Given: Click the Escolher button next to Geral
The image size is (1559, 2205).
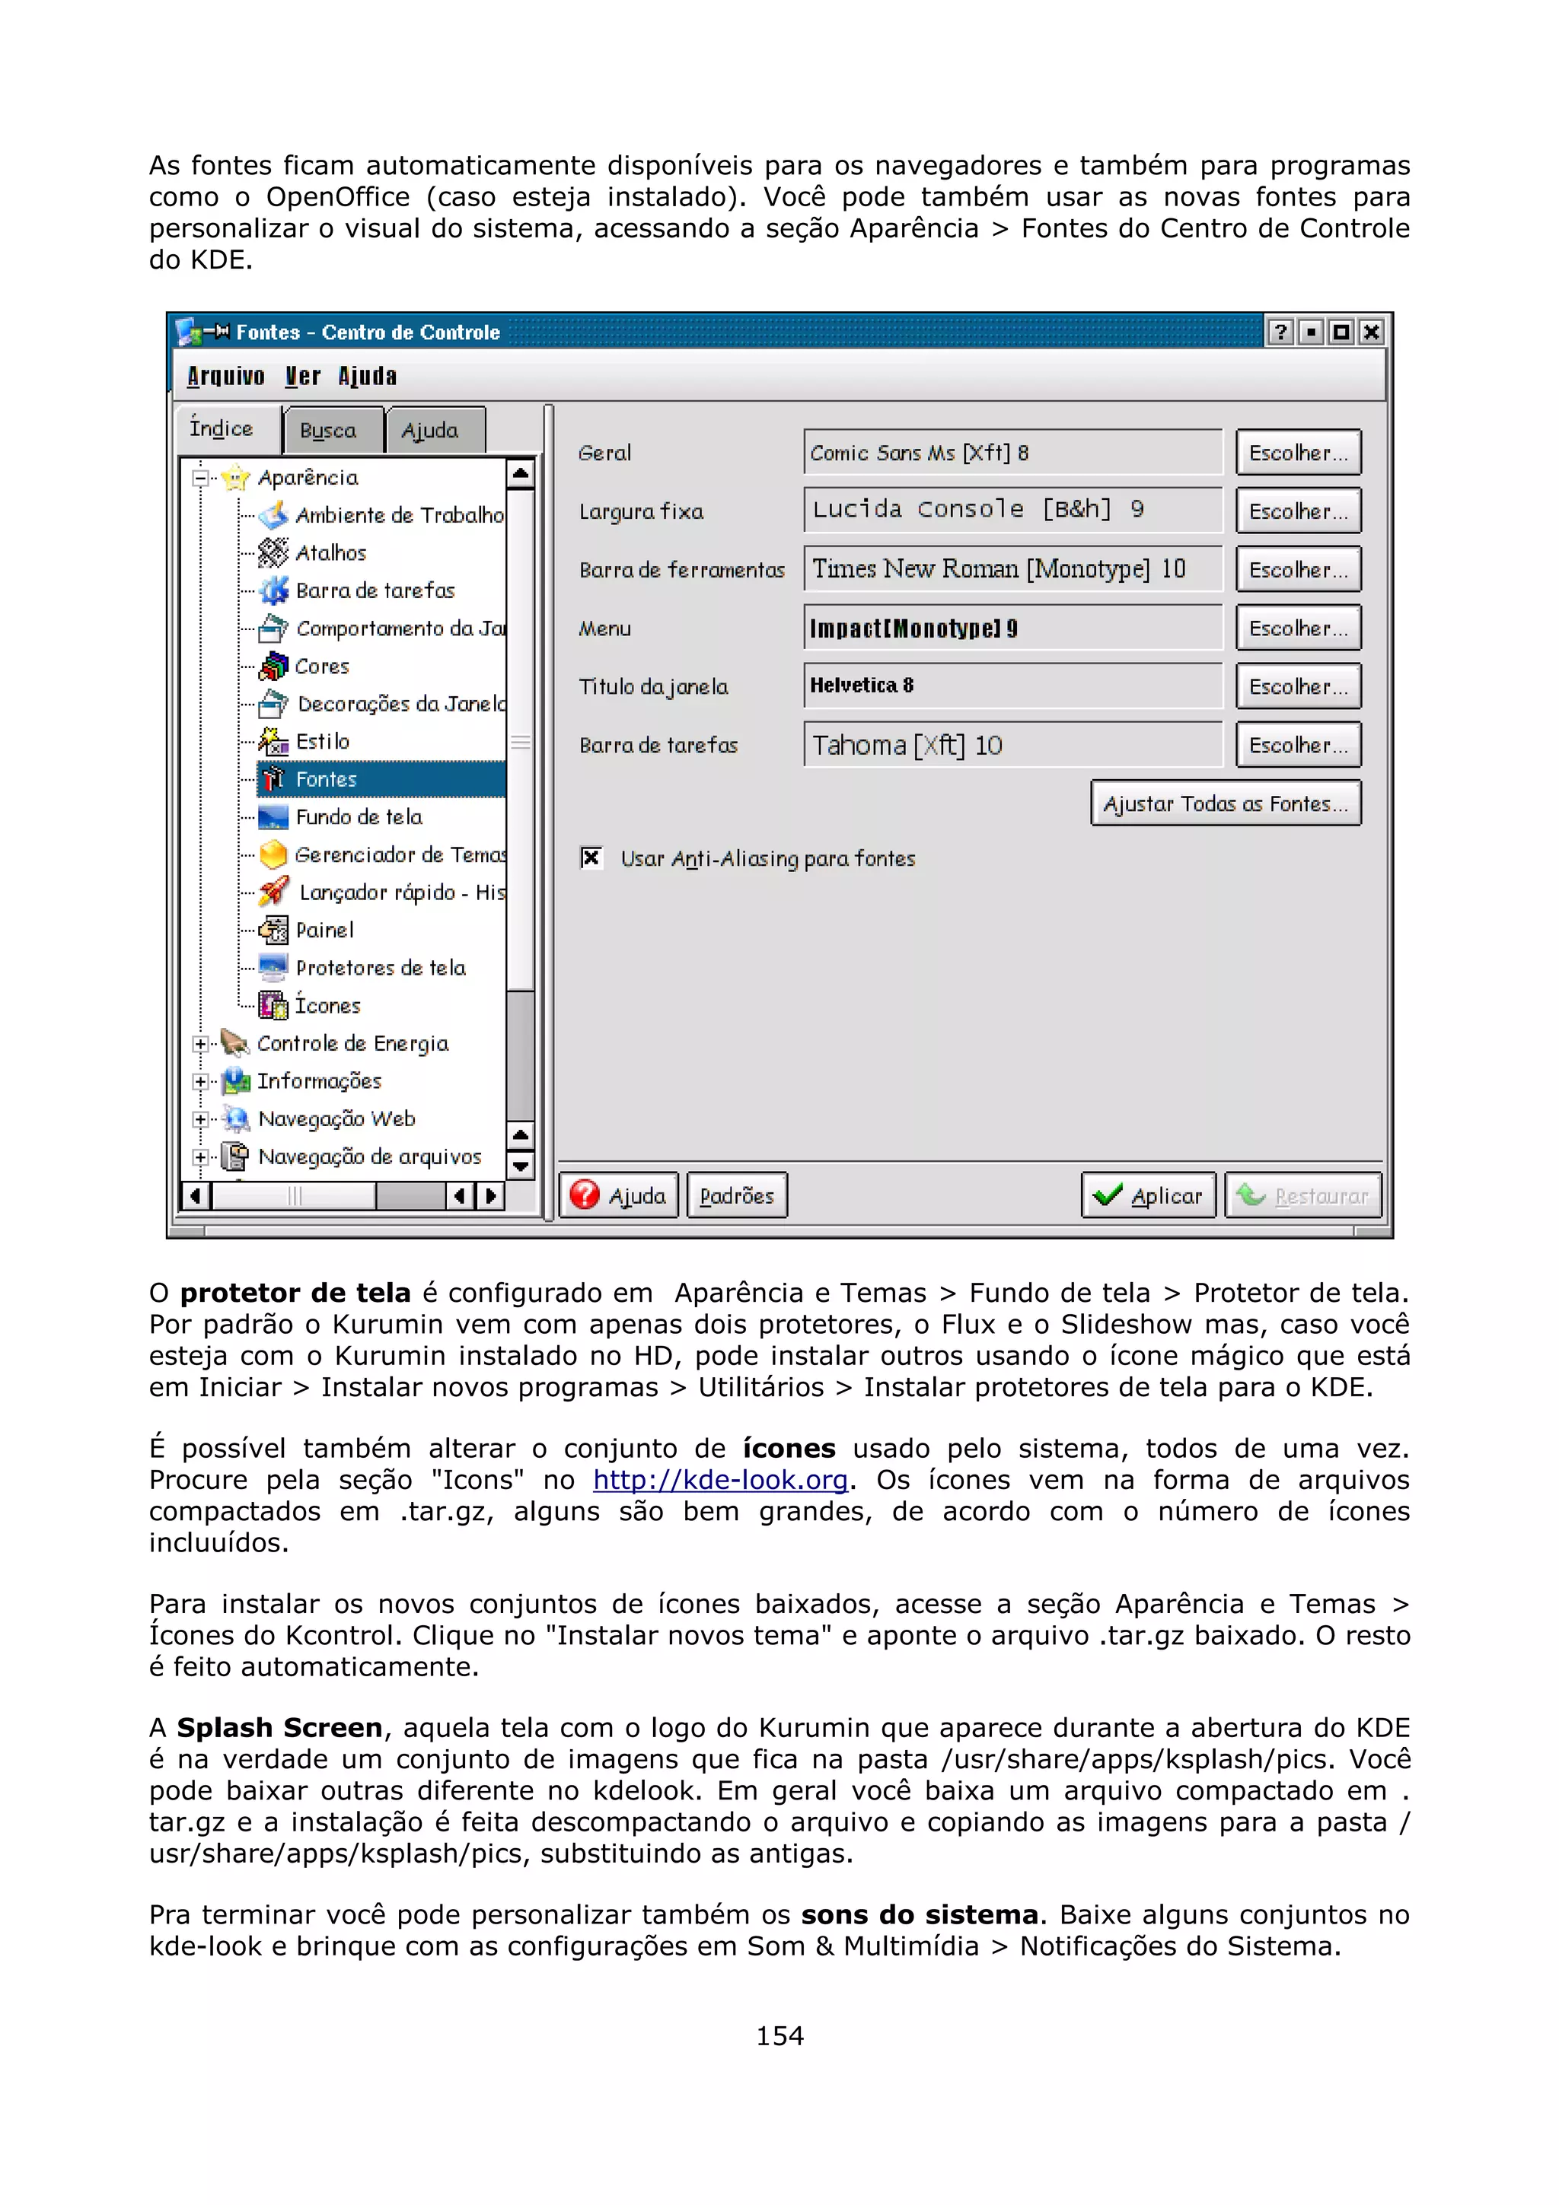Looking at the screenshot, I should pyautogui.click(x=1298, y=452).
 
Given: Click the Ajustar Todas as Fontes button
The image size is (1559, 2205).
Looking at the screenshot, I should pyautogui.click(x=1225, y=803).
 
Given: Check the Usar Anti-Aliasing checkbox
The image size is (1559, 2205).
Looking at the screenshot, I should pyautogui.click(x=591, y=857).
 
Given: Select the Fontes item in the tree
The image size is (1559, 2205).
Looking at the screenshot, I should pyautogui.click(x=327, y=779).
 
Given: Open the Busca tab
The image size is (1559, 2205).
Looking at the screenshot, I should pyautogui.click(x=329, y=430).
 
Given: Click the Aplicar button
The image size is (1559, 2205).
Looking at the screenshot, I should pyautogui.click(x=1148, y=1195).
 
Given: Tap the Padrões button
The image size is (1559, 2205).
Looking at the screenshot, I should pyautogui.click(x=737, y=1195).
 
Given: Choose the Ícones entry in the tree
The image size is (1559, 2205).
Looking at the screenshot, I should pyautogui.click(x=327, y=1006).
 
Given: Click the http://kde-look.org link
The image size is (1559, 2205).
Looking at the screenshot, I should pyautogui.click(x=719, y=1480).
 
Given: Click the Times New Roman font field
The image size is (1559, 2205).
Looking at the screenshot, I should pyautogui.click(x=1012, y=568).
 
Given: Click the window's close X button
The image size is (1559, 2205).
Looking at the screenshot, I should pyautogui.click(x=1372, y=332).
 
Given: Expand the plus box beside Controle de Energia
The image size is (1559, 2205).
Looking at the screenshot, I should pyautogui.click(x=199, y=1044).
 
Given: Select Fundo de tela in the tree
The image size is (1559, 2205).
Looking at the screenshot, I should pyautogui.click(x=359, y=817).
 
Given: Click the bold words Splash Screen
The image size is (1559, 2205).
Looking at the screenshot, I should pyautogui.click(x=279, y=1728).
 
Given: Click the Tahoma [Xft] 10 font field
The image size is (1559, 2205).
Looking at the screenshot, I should pyautogui.click(x=1012, y=745).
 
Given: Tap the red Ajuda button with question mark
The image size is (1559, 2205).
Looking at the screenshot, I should pyautogui.click(x=619, y=1195).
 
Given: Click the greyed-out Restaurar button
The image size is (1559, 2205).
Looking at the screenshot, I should pyautogui.click(x=1302, y=1195).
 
